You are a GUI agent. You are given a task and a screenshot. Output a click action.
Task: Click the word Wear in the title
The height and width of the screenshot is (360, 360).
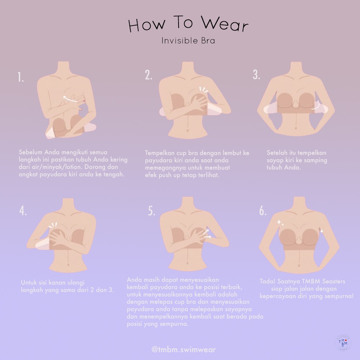coord(225,24)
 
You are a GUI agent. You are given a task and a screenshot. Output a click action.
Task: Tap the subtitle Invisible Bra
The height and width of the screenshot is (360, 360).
coord(188,41)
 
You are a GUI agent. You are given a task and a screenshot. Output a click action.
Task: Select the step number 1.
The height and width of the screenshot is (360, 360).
coord(21,77)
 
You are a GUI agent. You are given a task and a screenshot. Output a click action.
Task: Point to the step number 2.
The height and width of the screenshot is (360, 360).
coord(149,75)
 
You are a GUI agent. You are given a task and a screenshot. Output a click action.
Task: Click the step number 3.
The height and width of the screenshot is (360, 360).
coord(256,75)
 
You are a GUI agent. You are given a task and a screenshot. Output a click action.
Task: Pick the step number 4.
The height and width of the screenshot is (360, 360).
coord(23,211)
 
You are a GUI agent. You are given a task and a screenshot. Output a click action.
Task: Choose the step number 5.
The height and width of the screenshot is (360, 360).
coord(152,211)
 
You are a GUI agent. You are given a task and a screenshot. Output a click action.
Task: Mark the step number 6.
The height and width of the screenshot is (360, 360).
coord(263,211)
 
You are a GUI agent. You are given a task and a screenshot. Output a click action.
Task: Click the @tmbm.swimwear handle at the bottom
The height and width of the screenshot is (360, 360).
coord(184,350)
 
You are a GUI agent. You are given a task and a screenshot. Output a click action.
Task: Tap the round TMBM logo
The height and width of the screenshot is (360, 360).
coord(343,343)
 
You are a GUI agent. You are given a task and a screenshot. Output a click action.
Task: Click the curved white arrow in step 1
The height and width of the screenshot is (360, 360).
coord(70,99)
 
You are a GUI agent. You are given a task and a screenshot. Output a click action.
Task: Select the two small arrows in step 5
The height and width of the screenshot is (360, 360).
coord(207,234)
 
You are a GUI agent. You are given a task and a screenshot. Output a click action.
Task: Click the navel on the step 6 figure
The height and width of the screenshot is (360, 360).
coord(299,266)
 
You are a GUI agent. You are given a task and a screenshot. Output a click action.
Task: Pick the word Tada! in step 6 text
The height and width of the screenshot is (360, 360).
coord(267,281)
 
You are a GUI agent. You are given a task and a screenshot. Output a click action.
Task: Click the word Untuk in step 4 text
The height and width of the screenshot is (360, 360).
coord(29,282)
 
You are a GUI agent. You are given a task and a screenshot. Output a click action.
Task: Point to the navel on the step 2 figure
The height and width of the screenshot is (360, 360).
coord(188,130)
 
